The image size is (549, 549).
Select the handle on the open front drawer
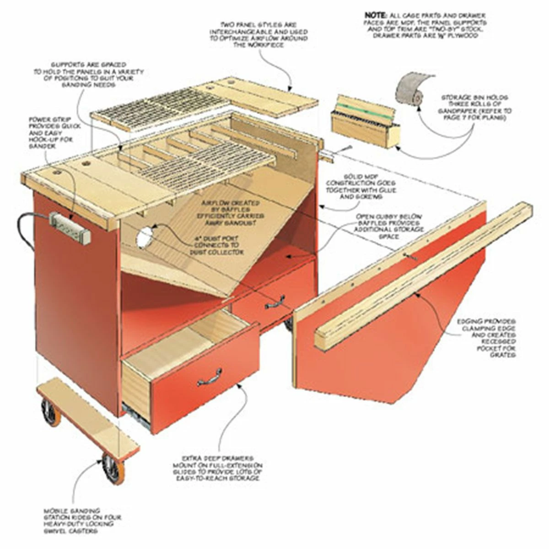(x=209, y=376)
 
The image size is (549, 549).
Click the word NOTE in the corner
(x=375, y=15)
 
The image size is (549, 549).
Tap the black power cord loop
(x=25, y=229)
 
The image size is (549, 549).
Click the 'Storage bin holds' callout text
(x=476, y=108)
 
